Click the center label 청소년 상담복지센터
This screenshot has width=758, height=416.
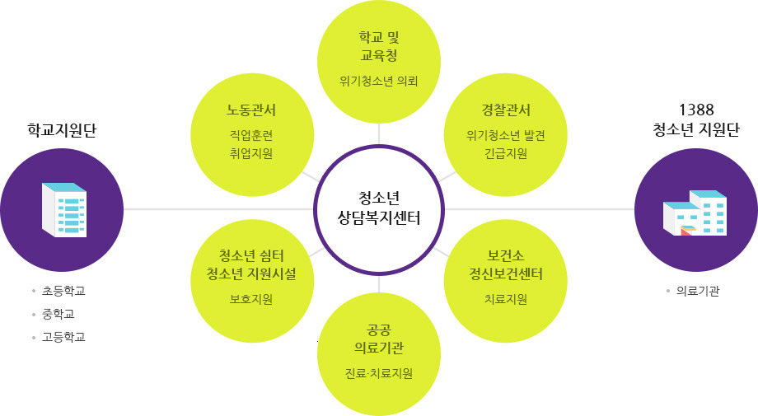pyautogui.click(x=379, y=208)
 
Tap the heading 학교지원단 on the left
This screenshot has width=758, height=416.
pyautogui.click(x=62, y=130)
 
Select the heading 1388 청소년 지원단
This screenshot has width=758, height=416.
pyautogui.click(x=695, y=120)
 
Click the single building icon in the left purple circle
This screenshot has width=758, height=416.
pyautogui.click(x=63, y=209)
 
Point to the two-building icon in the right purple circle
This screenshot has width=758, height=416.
pyautogui.click(x=695, y=212)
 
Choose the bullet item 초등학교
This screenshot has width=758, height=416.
pyautogui.click(x=63, y=291)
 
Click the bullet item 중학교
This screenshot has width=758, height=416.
pyautogui.click(x=58, y=314)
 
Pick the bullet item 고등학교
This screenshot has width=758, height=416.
pyautogui.click(x=63, y=337)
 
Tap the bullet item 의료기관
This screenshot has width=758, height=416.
pyautogui.click(x=697, y=291)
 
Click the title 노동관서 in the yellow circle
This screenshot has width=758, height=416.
pyautogui.click(x=251, y=111)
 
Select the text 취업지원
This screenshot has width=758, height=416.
pyautogui.click(x=251, y=153)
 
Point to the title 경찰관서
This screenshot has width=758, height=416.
pyautogui.click(x=506, y=111)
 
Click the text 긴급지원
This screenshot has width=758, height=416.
pyautogui.click(x=506, y=153)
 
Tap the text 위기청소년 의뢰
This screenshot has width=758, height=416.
pyautogui.click(x=379, y=81)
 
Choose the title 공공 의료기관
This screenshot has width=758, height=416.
pyautogui.click(x=379, y=338)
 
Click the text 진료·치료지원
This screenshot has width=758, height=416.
pyautogui.click(x=379, y=373)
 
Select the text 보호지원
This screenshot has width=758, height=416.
pyautogui.click(x=251, y=299)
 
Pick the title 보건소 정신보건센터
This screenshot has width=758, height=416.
pyautogui.click(x=506, y=264)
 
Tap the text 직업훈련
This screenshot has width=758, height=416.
pyautogui.click(x=251, y=134)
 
